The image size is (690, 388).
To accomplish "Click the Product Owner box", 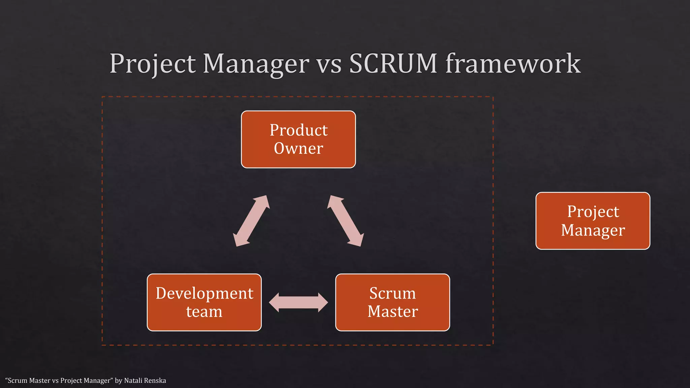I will point(298,139).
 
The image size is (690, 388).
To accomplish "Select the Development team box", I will point(204,302).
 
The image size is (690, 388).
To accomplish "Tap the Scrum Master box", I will point(393,302).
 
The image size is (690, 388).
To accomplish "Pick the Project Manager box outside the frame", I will point(593,221).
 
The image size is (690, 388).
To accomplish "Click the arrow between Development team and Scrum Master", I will point(298,302).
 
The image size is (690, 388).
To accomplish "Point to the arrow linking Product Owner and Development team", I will point(251,221).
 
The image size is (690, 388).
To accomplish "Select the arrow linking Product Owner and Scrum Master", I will point(345,221).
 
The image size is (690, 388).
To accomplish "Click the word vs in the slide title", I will point(329,64).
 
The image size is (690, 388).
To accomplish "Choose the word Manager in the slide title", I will point(256,64).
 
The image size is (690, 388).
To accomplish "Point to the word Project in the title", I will point(152,64).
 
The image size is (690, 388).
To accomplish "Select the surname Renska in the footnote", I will point(155,381).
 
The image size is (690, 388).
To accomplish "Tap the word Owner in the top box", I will point(299,149).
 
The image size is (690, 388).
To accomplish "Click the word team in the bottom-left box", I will point(204,312).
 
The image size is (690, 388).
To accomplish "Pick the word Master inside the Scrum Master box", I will point(393,312).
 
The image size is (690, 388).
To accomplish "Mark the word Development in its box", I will point(204,293).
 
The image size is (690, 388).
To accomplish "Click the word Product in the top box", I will point(299,130).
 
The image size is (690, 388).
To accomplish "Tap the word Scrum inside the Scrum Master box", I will point(393,293).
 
